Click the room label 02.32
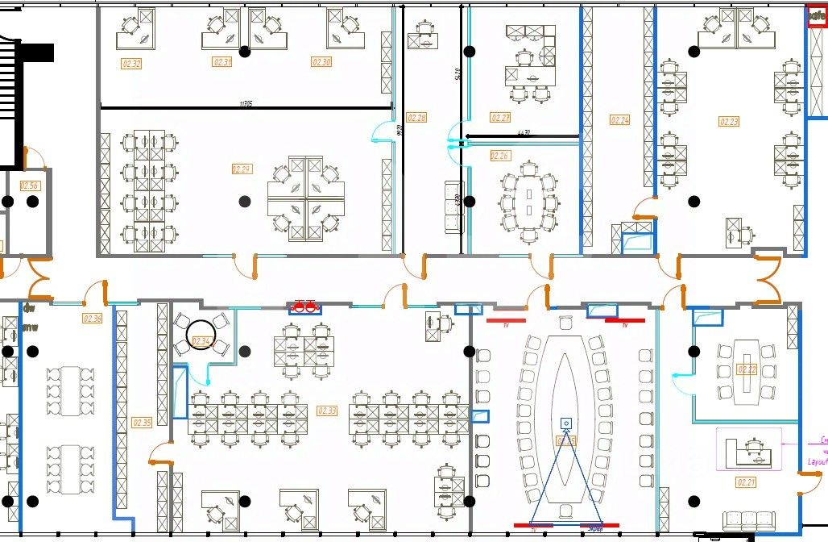[131, 64]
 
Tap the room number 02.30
[321, 62]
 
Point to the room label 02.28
[416, 118]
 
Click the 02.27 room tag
[500, 118]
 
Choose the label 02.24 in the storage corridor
[619, 120]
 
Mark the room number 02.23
[729, 122]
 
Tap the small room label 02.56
[30, 186]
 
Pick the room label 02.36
[93, 319]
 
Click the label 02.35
[142, 423]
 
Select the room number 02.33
[328, 411]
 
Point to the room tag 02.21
[746, 482]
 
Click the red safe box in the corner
[817, 16]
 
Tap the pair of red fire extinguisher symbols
[304, 306]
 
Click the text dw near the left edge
[29, 307]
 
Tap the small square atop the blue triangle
[566, 423]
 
